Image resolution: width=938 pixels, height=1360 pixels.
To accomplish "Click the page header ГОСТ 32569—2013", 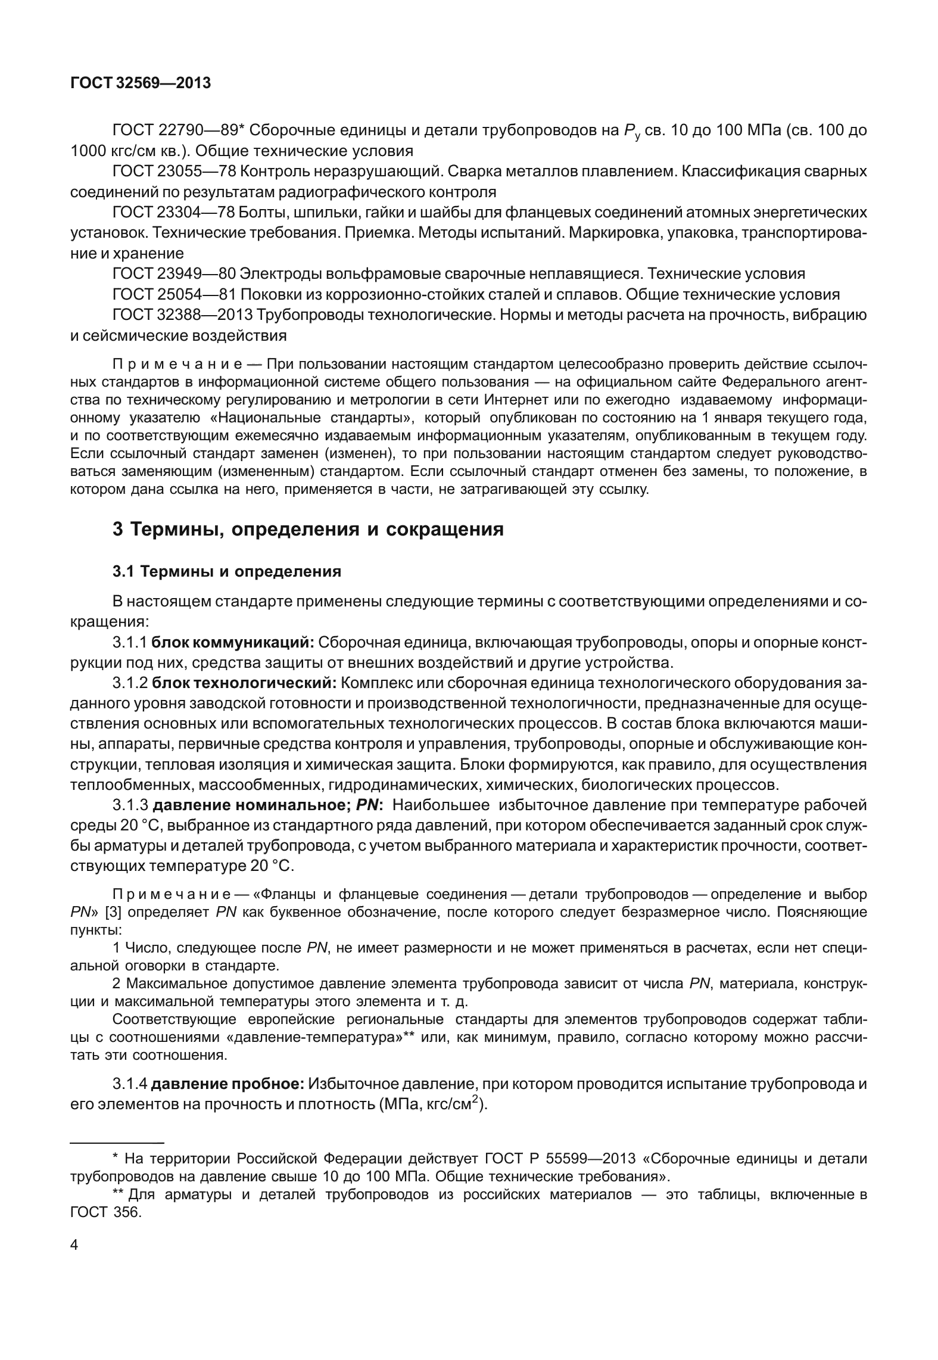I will click(141, 83).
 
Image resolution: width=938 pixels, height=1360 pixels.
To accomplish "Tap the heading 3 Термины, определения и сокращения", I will click(308, 529).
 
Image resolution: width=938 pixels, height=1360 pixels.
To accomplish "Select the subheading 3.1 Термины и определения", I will click(227, 572).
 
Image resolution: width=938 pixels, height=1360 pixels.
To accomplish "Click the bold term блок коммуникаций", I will click(233, 643).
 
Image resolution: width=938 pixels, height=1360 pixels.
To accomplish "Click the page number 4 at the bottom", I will click(74, 1262).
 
